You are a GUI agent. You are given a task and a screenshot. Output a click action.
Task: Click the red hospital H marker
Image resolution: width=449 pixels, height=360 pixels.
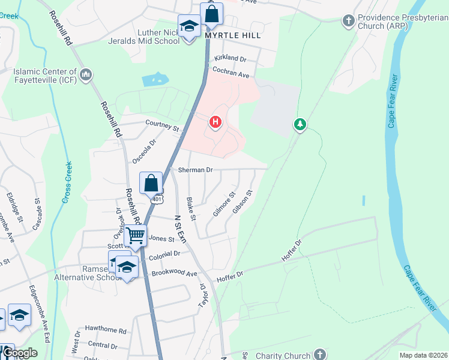tap(215, 123)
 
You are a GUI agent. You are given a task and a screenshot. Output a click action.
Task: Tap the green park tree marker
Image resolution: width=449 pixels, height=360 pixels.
tap(300, 124)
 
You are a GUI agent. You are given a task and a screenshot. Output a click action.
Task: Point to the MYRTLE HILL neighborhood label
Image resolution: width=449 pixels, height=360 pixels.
tap(233, 35)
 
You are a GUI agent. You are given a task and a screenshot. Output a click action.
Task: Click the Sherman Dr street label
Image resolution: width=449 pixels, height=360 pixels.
tap(196, 170)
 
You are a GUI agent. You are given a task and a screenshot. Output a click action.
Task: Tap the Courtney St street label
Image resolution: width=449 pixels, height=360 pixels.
tap(162, 125)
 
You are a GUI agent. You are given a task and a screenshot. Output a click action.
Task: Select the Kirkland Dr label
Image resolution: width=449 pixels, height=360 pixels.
tap(230, 59)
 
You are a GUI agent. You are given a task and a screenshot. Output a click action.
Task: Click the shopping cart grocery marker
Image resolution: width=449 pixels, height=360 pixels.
tap(136, 235)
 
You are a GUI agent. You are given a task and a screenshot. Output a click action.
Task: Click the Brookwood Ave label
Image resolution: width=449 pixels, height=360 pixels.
tap(174, 274)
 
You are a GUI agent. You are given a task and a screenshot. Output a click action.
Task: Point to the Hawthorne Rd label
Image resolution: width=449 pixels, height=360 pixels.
tap(106, 331)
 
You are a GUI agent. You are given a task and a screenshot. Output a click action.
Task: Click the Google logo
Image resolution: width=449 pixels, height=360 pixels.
tap(20, 353)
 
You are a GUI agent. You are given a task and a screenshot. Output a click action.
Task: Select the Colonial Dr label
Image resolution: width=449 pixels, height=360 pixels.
tap(164, 254)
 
